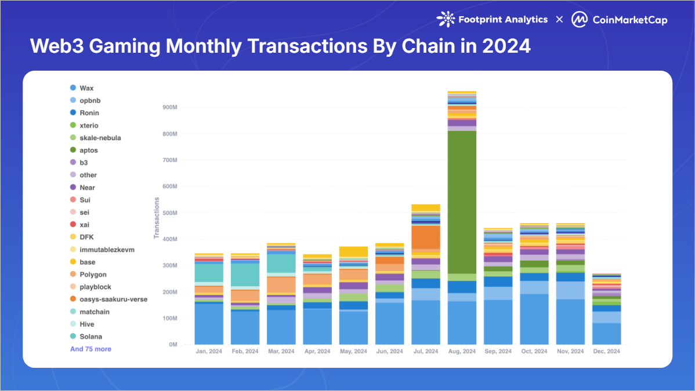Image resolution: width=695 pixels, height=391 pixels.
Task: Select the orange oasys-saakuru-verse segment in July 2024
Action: coord(426,237)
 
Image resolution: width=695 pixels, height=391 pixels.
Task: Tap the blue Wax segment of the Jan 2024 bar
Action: coord(209,324)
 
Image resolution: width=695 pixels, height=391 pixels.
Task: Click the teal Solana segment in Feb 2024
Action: coord(245,275)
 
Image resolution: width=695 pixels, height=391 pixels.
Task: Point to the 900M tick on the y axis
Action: coord(169,107)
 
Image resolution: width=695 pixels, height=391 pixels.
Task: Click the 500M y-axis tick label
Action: coord(169,213)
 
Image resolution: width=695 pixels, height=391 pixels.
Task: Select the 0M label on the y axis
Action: coord(173,345)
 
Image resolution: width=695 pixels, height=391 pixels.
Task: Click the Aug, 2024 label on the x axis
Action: coord(462,352)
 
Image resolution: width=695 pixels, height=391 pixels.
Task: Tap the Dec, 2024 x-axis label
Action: coord(606,352)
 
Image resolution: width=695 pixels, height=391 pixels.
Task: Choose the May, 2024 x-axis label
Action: coord(353,352)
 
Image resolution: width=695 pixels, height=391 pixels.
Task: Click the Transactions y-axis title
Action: coord(156,218)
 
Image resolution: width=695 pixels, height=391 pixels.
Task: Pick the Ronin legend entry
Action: coord(89,113)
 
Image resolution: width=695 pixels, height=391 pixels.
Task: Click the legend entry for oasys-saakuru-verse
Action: coord(113,299)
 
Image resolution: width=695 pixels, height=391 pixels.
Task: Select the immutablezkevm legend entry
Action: coord(107,250)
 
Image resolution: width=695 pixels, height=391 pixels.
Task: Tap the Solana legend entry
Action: coord(91,337)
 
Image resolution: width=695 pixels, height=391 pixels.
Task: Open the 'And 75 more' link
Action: coord(91,349)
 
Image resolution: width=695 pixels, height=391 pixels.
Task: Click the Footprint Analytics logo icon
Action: coord(446,19)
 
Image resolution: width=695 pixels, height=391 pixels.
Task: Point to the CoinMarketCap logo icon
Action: coord(578,20)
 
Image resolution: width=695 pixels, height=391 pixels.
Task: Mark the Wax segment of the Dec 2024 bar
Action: coord(606,334)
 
